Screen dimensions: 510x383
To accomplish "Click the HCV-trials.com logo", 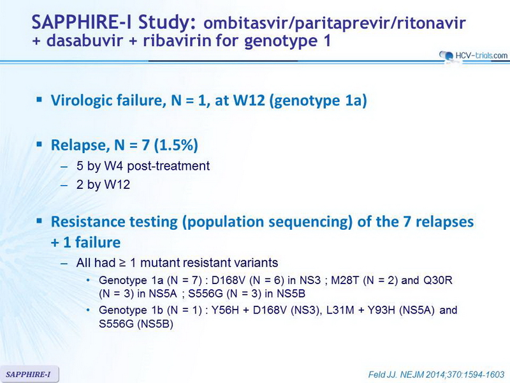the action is (473, 56).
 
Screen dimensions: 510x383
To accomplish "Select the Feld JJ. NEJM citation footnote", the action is (436, 375).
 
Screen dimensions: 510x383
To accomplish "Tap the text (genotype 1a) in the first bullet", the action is (318, 101).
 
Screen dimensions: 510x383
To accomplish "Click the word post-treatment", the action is (168, 166).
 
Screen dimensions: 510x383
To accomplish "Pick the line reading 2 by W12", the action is (103, 184).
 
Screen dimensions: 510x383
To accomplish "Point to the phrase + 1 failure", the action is (85, 243).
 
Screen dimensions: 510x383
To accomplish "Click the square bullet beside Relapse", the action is (40, 144).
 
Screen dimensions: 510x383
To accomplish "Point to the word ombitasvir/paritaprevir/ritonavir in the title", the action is (334, 24).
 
